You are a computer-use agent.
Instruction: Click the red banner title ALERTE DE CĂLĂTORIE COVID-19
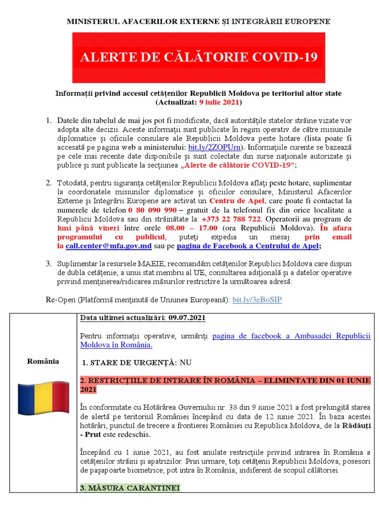(199, 57)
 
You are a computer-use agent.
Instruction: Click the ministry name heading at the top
(199, 22)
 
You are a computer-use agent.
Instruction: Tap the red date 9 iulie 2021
(219, 102)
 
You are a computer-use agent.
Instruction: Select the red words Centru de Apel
(237, 201)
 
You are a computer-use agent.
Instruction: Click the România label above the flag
(43, 361)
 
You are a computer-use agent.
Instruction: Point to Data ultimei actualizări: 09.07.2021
(143, 317)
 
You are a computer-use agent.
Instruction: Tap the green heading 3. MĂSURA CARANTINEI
(130, 488)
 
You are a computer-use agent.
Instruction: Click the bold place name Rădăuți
(355, 425)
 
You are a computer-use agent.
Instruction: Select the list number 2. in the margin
(48, 183)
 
